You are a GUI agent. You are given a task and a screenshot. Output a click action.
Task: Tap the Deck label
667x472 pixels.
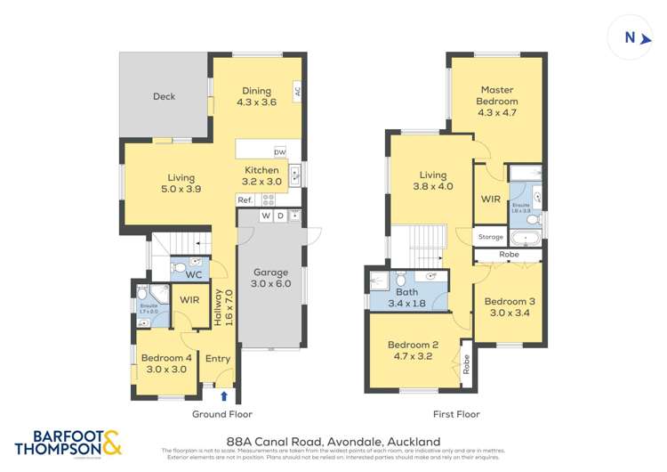(x=164, y=97)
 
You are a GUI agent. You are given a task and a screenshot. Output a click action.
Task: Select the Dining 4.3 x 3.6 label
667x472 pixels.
(x=256, y=96)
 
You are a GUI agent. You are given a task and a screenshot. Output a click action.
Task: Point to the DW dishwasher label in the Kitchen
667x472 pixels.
(x=279, y=151)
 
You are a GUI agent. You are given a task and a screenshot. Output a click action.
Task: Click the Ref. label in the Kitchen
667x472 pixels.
(x=245, y=200)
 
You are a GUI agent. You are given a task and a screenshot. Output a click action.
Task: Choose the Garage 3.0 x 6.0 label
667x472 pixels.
(x=269, y=278)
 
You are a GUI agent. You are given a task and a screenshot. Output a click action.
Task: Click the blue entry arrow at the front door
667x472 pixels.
(x=223, y=395)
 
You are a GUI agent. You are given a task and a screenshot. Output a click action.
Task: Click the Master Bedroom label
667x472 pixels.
(x=498, y=95)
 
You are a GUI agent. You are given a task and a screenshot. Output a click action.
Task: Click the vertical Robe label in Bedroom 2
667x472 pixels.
(x=465, y=363)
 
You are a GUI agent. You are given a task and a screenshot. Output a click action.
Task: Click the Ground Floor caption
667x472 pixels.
(x=222, y=414)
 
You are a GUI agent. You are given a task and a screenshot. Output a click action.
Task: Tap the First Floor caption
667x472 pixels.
(x=455, y=414)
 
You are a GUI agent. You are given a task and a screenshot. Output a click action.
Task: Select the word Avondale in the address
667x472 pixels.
(x=344, y=441)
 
